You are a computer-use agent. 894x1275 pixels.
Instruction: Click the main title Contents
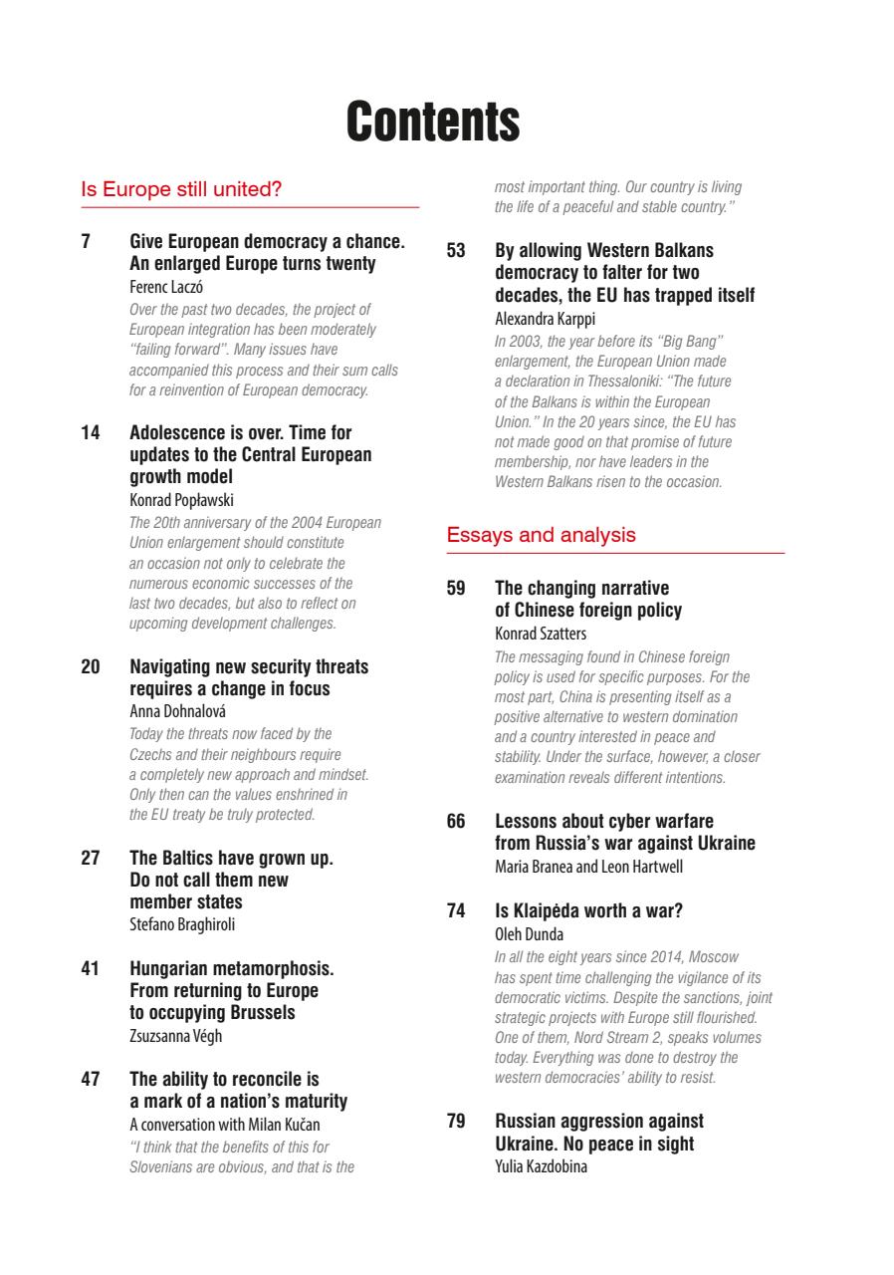click(x=433, y=122)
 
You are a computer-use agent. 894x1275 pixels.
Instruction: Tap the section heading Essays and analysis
click(x=541, y=535)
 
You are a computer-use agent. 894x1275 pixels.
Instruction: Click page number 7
click(x=86, y=242)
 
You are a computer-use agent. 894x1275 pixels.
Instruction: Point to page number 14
click(x=90, y=433)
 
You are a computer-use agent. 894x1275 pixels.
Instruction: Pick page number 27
click(x=90, y=858)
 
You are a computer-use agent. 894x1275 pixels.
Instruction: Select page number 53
click(x=456, y=251)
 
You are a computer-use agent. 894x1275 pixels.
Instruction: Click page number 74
click(x=456, y=910)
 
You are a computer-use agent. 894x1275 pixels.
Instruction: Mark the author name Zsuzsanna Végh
click(x=176, y=1036)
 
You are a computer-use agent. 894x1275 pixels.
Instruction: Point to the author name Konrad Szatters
click(x=539, y=634)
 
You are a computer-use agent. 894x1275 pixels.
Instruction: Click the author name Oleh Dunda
click(x=529, y=934)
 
